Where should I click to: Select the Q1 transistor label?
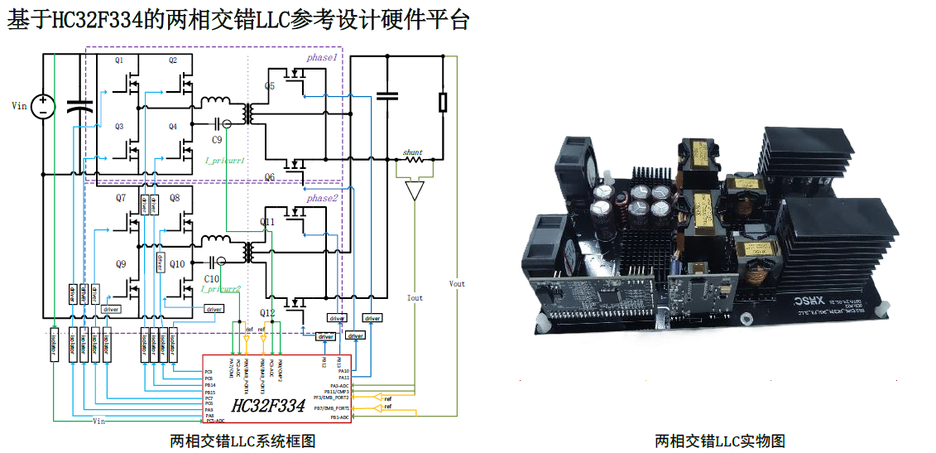coord(119,60)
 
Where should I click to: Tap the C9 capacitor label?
coord(217,141)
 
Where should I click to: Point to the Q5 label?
coord(270,86)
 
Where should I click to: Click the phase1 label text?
coord(322,57)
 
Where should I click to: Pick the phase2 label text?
coord(322,198)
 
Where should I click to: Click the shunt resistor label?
coord(412,152)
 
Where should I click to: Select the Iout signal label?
coord(415,298)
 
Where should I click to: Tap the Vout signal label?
coord(457,283)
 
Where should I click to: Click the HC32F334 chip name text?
coord(269,406)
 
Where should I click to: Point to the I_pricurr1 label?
coord(224,160)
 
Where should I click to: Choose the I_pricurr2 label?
coord(220,289)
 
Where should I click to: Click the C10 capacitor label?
coord(212,279)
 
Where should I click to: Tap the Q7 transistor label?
coord(121,198)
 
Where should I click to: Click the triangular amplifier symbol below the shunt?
coord(414,191)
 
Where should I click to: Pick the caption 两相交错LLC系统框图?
coord(242,441)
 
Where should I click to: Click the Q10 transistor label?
coord(177,264)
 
